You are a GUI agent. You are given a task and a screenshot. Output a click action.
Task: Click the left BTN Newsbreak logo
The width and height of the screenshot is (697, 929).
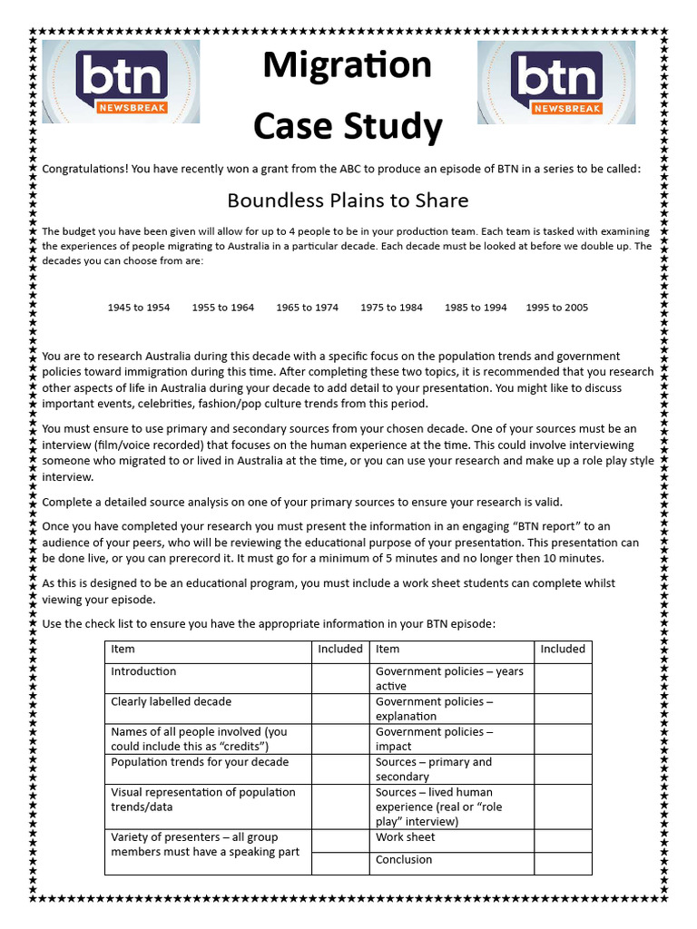122,82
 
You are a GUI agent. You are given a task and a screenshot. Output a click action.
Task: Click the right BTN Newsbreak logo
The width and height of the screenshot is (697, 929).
556,82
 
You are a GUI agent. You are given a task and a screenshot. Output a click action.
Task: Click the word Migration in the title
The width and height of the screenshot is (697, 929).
347,66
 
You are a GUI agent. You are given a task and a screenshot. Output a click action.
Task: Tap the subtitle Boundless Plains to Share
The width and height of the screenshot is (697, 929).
348,200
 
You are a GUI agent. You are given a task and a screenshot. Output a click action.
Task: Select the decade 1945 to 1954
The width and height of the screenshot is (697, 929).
138,308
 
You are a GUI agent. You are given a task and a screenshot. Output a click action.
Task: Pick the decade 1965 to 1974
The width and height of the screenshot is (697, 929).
307,308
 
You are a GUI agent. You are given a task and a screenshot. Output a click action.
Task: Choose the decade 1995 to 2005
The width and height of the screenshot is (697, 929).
556,308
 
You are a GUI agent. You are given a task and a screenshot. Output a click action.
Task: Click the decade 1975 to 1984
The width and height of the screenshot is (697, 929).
391,308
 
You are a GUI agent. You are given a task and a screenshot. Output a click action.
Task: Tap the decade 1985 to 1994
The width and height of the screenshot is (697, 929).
476,308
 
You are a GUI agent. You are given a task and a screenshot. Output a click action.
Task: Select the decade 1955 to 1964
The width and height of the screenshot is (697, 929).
222,308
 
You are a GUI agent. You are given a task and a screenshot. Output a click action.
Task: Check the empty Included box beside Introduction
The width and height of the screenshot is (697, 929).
340,678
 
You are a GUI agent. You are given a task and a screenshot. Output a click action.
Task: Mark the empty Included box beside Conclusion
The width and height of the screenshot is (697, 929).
563,863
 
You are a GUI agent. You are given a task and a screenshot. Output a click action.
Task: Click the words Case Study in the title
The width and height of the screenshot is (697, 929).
347,127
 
